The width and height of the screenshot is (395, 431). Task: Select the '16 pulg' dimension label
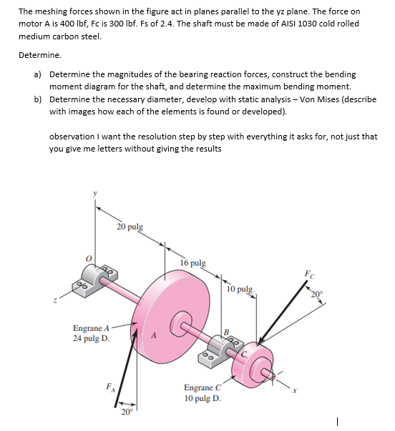[193, 262]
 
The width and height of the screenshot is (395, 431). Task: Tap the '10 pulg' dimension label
[238, 289]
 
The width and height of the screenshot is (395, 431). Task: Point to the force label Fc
[308, 273]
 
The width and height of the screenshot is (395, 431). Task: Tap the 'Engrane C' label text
[201, 387]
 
